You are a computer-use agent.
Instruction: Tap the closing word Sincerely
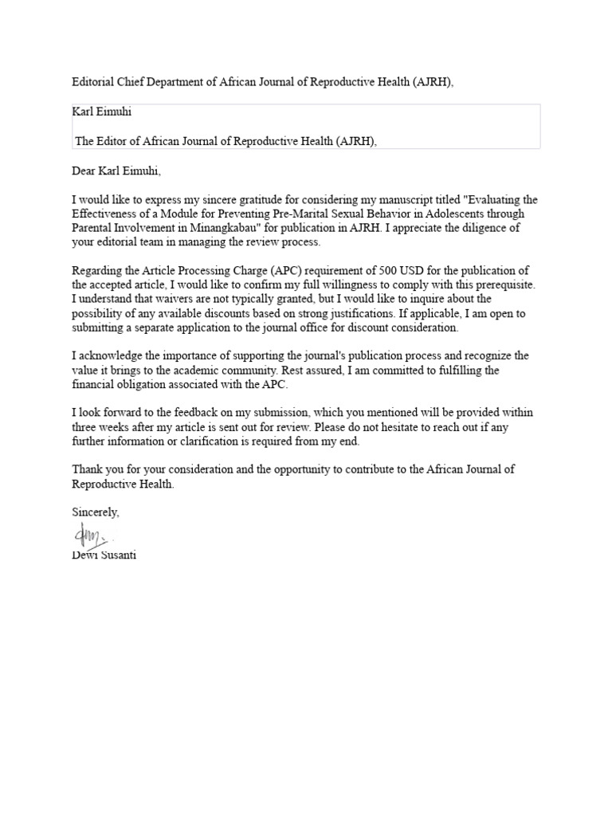click(96, 512)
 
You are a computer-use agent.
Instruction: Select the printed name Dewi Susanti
click(104, 555)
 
